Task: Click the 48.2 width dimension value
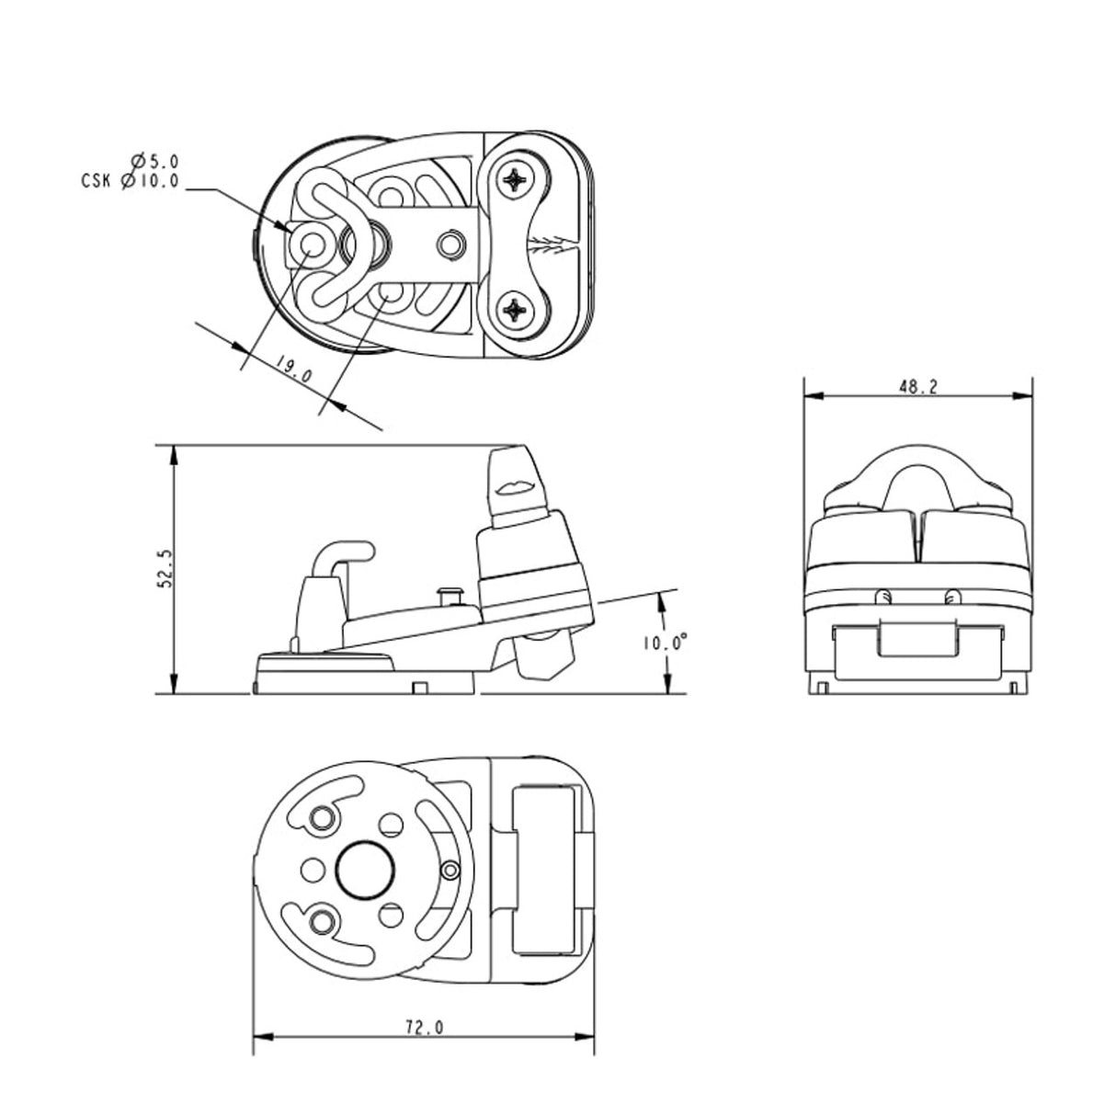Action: (x=917, y=387)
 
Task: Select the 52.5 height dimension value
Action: (x=165, y=570)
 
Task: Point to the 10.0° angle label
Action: (x=666, y=643)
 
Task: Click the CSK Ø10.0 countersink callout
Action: (x=130, y=181)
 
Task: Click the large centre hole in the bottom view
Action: (x=366, y=866)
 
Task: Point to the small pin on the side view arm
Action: (x=450, y=594)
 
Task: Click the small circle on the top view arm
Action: (x=450, y=245)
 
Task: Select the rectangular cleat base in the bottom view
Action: (x=543, y=867)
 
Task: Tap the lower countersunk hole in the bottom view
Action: (x=323, y=919)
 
